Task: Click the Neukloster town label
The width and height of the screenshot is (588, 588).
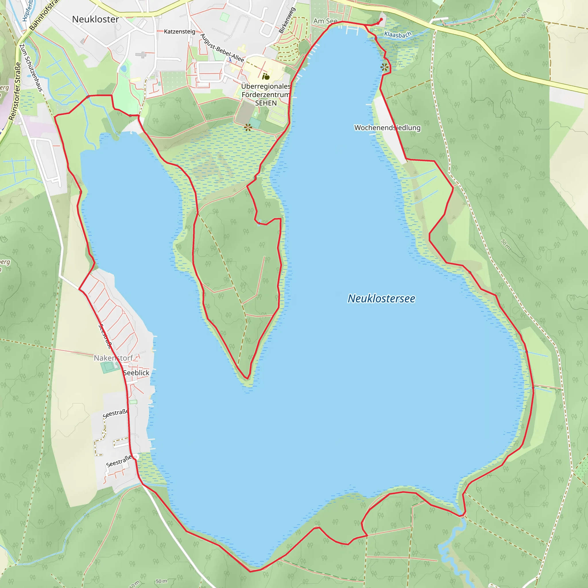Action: click(96, 19)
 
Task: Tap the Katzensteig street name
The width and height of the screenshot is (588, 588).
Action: click(179, 31)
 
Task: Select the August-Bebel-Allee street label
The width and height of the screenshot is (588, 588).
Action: click(222, 48)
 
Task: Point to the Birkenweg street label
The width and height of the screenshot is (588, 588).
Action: click(287, 20)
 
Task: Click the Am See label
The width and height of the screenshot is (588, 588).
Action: click(325, 21)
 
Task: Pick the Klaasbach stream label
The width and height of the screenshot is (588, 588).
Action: click(397, 34)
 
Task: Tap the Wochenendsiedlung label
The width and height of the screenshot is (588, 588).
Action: click(387, 127)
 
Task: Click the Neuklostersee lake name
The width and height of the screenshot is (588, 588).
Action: click(381, 299)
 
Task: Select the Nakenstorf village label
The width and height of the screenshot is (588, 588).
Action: click(113, 358)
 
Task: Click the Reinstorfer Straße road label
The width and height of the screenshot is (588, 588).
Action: click(15, 91)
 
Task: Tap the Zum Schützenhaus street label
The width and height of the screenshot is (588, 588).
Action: click(31, 67)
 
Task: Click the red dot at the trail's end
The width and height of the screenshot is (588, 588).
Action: click(381, 20)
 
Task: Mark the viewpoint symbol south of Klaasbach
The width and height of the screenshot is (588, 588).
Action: click(384, 67)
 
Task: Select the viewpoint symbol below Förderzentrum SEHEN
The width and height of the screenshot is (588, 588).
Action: click(248, 127)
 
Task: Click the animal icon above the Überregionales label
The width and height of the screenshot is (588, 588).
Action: click(266, 76)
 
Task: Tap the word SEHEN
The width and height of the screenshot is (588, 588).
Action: click(266, 103)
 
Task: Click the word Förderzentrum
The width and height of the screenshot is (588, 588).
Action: click(266, 95)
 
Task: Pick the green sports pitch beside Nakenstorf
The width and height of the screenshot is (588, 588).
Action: click(107, 367)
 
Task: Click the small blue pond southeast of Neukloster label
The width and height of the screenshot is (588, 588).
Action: click(123, 69)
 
